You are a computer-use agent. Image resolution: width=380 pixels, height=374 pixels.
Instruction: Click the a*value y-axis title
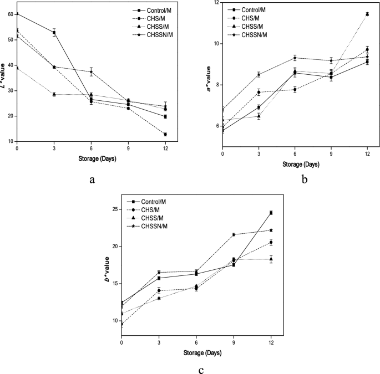(x=208, y=78)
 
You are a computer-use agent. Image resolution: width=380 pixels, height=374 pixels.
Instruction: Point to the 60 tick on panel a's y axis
(x=10, y=14)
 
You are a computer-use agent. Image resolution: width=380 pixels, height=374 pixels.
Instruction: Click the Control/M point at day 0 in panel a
(x=17, y=14)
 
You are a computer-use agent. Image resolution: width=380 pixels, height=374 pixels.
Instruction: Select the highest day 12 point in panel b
(x=367, y=14)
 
